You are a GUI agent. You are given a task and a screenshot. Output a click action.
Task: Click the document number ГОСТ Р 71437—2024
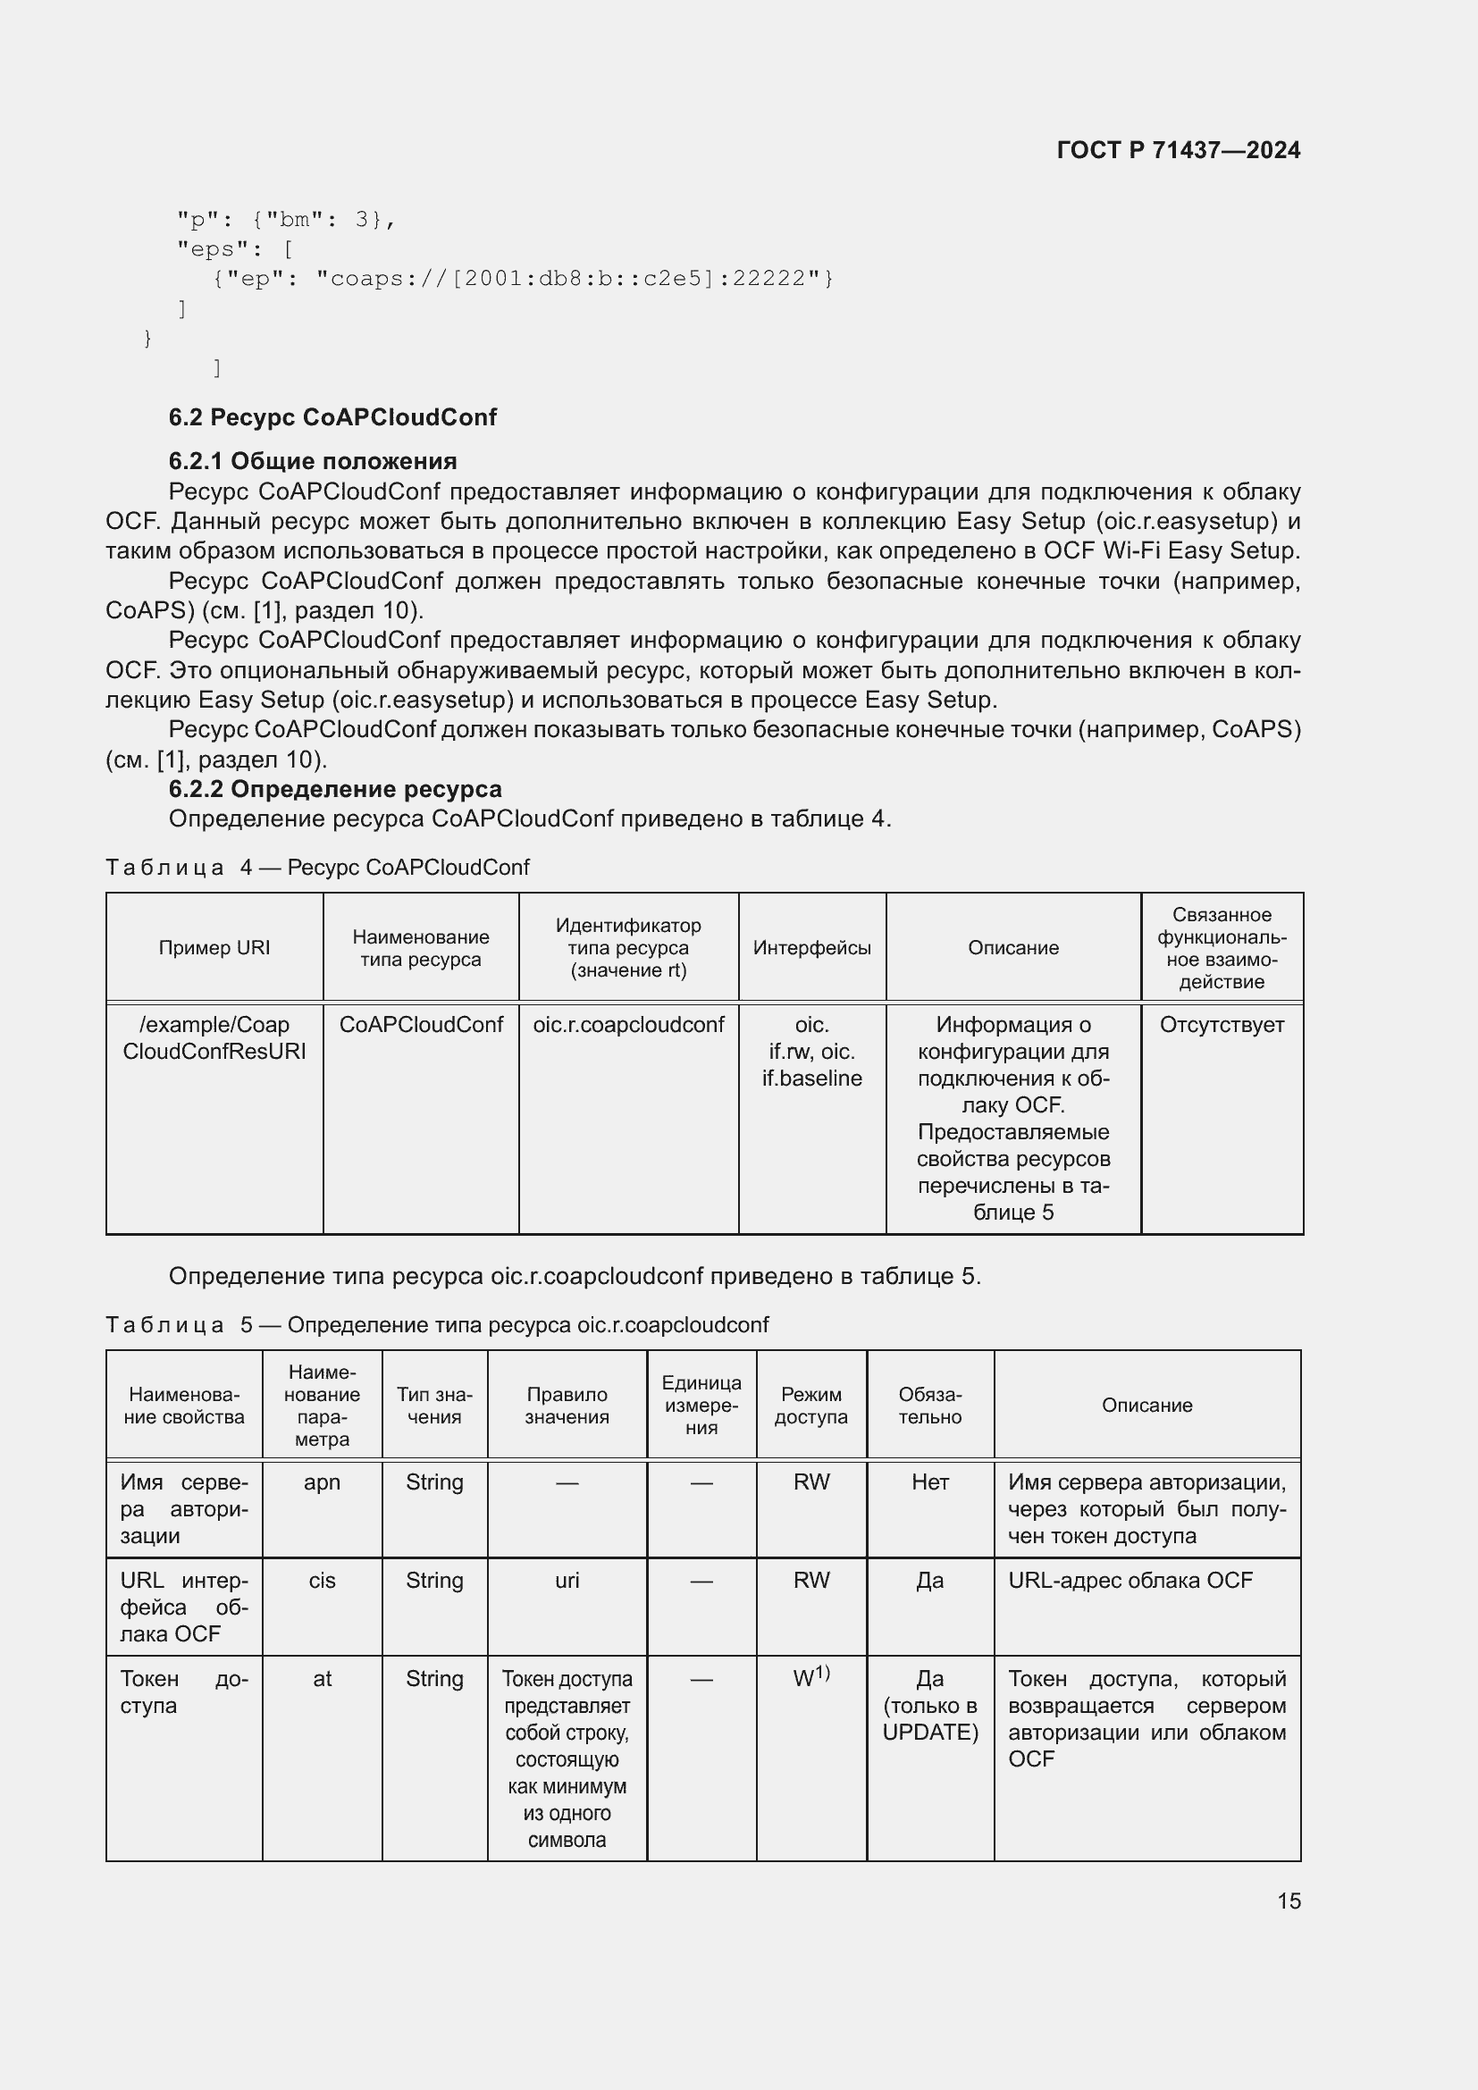[1178, 150]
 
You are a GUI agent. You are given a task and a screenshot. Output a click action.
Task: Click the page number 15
[1288, 1901]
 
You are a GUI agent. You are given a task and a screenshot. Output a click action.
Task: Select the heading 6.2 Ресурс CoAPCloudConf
[332, 417]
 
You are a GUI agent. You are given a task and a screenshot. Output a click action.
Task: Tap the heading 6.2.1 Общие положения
[312, 460]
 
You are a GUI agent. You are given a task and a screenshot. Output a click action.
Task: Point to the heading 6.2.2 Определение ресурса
[335, 788]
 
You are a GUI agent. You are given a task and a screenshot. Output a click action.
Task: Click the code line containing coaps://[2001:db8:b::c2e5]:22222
[523, 279]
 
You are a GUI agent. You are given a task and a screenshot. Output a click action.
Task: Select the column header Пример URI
[214, 947]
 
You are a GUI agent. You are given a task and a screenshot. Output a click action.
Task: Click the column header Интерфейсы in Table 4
[810, 947]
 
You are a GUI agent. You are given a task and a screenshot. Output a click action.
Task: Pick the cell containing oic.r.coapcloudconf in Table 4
[628, 1025]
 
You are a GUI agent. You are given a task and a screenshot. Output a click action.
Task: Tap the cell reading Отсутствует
[1222, 1025]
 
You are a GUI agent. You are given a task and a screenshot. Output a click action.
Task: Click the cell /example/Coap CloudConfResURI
[214, 1037]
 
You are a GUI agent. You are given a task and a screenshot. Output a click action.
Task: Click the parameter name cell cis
[323, 1582]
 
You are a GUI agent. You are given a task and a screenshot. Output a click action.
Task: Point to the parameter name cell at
[323, 1680]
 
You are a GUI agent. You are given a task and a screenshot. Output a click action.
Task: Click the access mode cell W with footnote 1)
[810, 1678]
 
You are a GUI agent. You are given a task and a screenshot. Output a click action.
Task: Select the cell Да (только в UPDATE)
[929, 1705]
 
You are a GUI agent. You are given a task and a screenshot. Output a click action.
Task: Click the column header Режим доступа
[810, 1406]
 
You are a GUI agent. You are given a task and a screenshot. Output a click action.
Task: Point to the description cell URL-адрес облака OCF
[1129, 1582]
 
